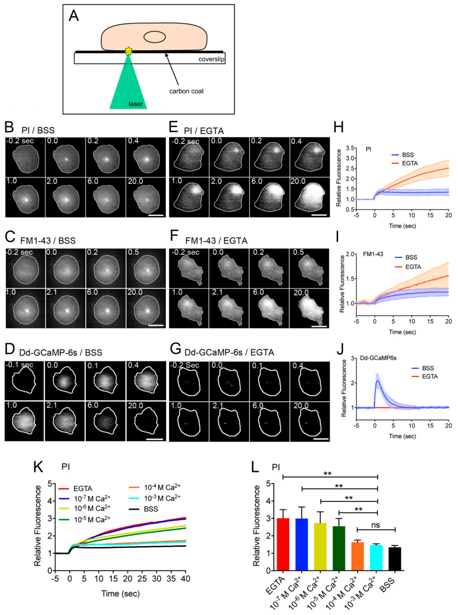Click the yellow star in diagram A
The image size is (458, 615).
[x=128, y=51]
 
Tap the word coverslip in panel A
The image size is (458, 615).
[x=211, y=59]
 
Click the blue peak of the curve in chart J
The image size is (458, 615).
[x=377, y=381]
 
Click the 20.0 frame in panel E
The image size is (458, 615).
[x=310, y=197]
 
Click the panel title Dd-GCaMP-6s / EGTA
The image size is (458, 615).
[x=229, y=352]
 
